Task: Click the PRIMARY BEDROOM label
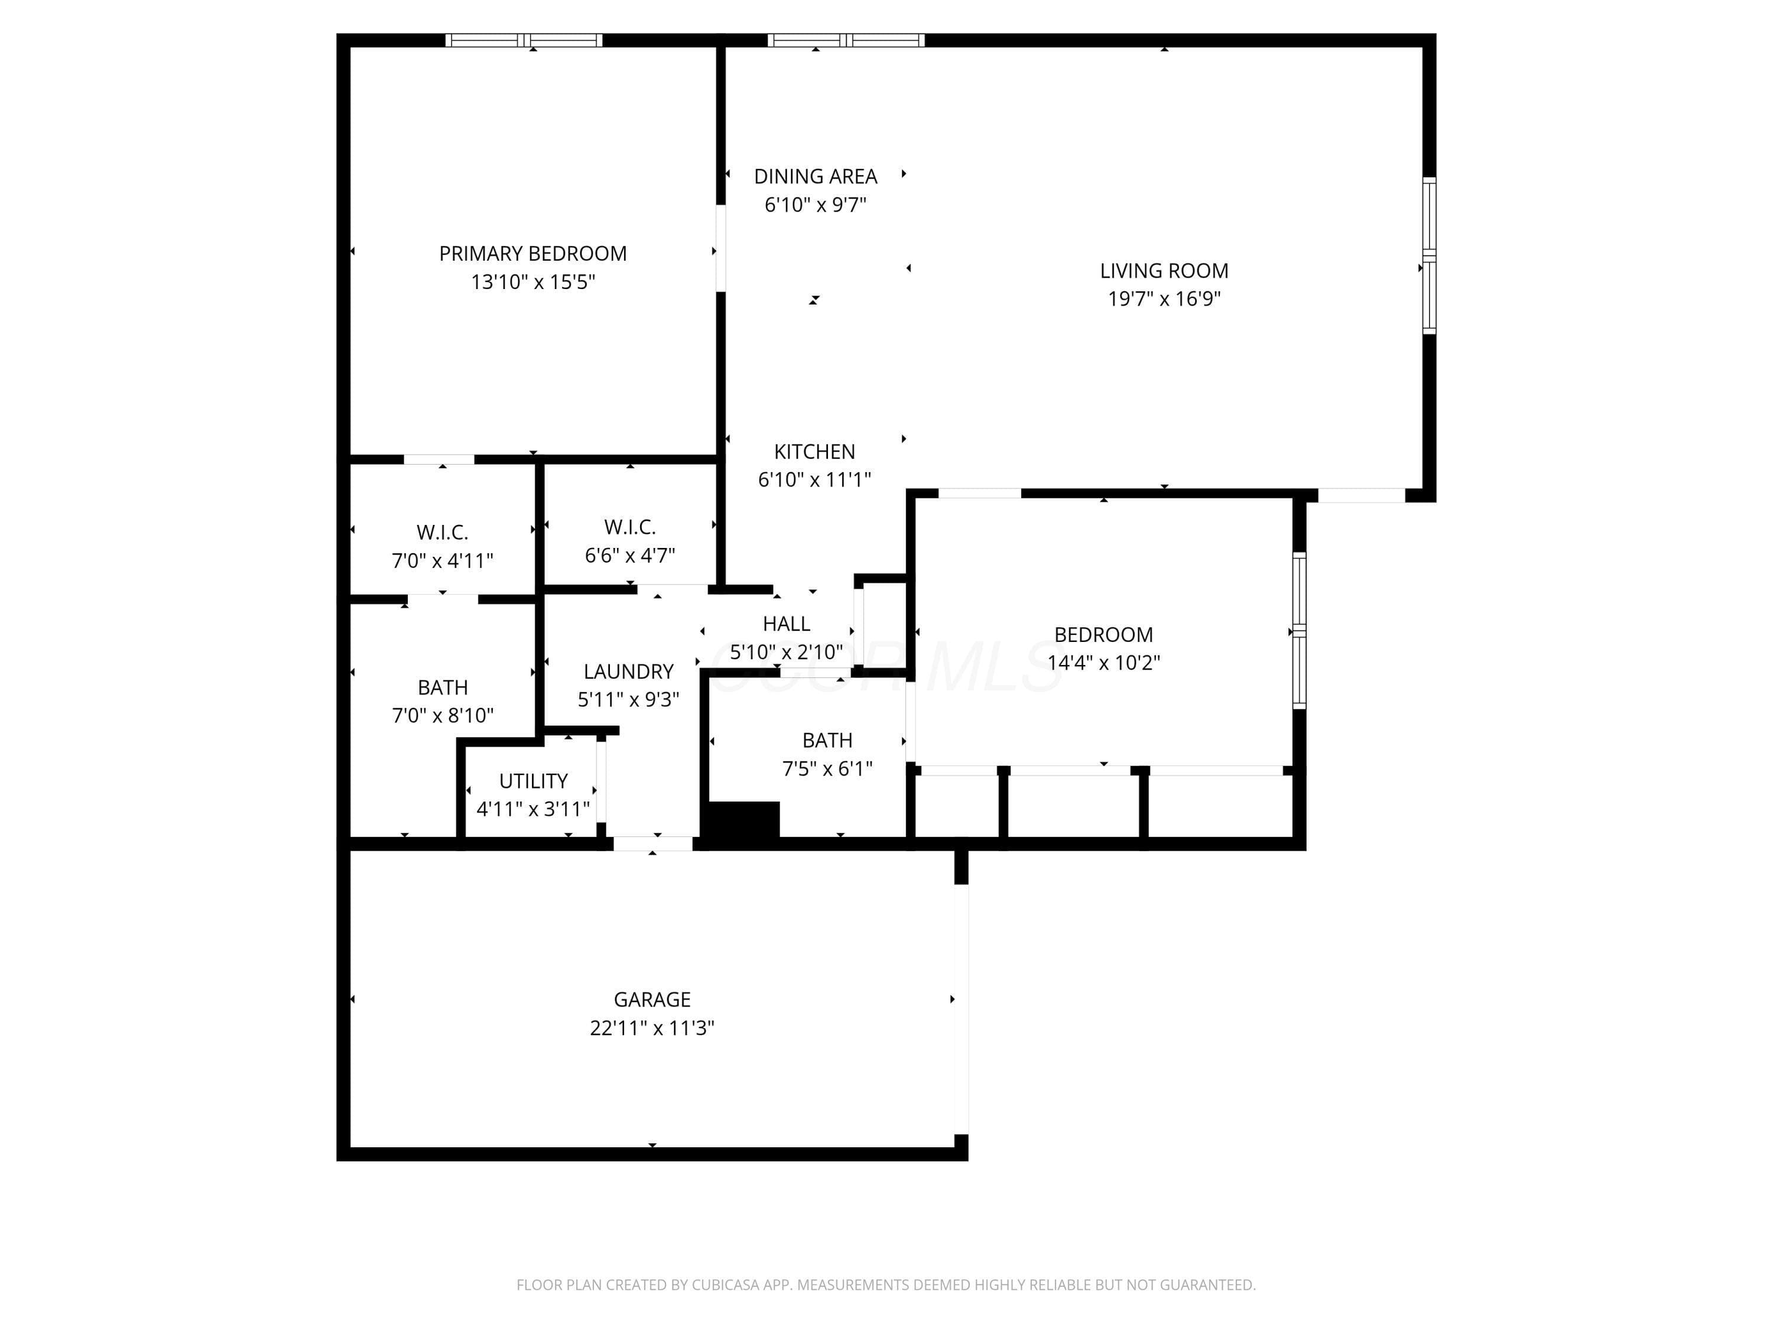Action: point(533,254)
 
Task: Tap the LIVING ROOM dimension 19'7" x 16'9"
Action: point(1164,299)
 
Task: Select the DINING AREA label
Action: point(815,176)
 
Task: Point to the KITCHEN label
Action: point(814,452)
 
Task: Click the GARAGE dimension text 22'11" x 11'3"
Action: point(652,1028)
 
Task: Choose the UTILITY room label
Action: point(533,781)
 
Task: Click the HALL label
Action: point(786,624)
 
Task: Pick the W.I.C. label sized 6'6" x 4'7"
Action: point(630,527)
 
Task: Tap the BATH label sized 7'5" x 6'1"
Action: point(827,740)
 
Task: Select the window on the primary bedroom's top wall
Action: point(524,40)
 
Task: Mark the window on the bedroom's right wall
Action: point(1299,631)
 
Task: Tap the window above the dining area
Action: point(846,40)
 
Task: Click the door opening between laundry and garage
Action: point(653,844)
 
